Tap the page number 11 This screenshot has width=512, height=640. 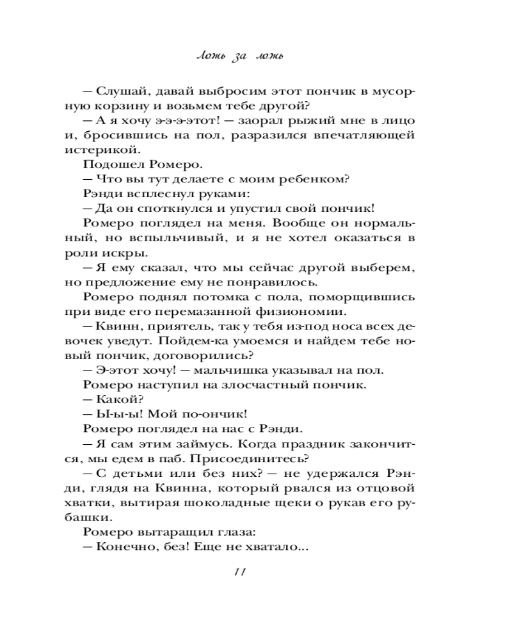pos(240,571)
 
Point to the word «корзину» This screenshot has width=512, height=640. pos(136,106)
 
